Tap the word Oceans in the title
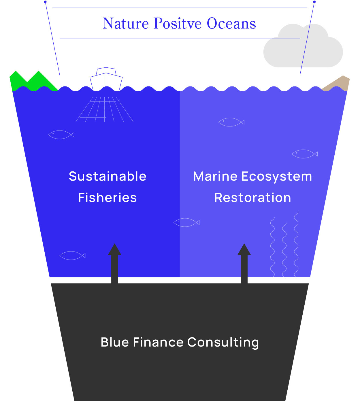[231, 24]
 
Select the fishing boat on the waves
[106, 79]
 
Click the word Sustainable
[108, 176]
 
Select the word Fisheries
[108, 198]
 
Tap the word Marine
[215, 176]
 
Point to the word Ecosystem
[277, 176]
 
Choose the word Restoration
[252, 198]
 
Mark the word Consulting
[223, 342]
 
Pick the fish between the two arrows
[186, 222]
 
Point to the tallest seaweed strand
[296, 245]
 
